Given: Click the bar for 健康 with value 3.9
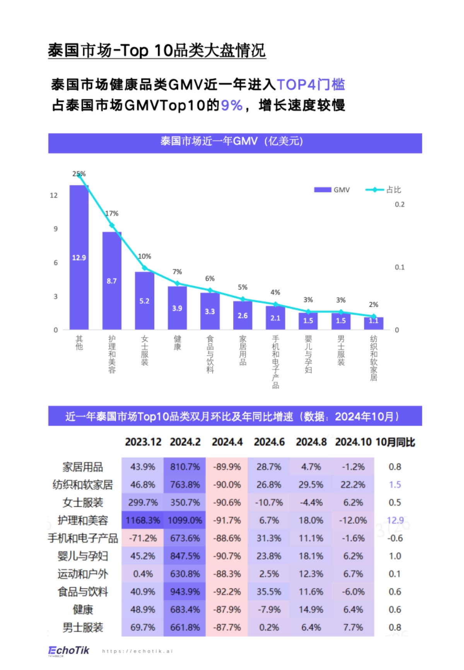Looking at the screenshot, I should point(177,308).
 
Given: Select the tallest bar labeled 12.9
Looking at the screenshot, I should point(79,257).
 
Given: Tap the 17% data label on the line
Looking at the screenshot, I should point(112,213).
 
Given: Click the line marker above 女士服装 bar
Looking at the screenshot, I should point(145,268).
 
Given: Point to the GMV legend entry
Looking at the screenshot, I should point(332,190).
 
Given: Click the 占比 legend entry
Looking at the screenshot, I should point(383,190).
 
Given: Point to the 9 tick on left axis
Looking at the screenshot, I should point(56,229).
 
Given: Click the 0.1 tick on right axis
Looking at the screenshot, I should point(399,267).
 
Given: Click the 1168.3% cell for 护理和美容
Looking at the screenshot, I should point(143,520).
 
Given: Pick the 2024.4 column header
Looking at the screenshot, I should point(227,442).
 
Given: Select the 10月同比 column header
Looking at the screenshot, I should point(395,442).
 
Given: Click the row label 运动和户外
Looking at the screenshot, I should point(83,574).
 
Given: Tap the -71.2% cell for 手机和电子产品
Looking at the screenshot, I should point(143,538).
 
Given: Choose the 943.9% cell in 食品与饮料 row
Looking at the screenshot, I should point(185,592).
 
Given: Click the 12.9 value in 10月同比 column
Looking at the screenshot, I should point(395,520).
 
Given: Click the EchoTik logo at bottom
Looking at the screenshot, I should point(69,651).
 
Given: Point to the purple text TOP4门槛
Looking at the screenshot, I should point(310,85).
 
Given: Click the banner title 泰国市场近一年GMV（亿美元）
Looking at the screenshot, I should point(232,141).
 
